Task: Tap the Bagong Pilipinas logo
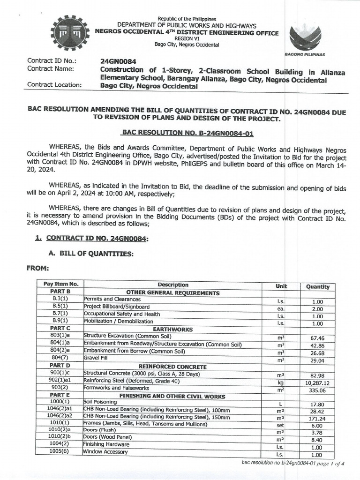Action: pos(305,38)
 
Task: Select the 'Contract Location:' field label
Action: pos(54,85)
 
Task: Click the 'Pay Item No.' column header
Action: pos(60,284)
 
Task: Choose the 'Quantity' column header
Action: pos(317,286)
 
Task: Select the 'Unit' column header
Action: pos(281,286)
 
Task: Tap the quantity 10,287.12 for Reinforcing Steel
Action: pos(317,383)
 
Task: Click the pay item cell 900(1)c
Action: pos(60,374)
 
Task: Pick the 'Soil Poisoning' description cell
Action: pos(100,402)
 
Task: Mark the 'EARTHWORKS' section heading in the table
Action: pos(172,329)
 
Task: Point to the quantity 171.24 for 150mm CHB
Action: pos(317,418)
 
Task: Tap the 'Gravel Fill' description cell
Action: pos(93,358)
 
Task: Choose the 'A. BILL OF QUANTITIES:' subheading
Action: pos(90,254)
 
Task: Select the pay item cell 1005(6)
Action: pos(60,451)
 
